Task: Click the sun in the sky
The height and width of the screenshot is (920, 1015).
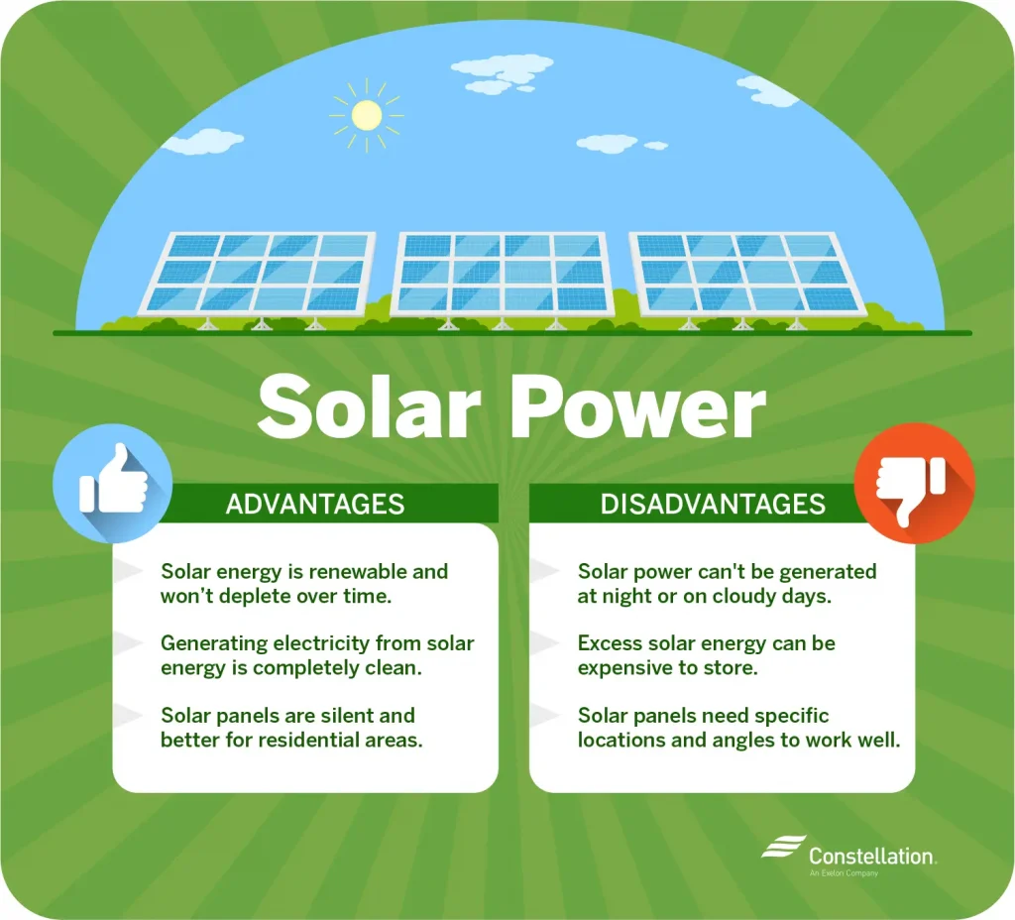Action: click(x=367, y=115)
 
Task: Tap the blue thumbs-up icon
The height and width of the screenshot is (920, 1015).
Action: click(x=113, y=483)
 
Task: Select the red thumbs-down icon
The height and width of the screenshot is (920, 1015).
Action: click(x=914, y=483)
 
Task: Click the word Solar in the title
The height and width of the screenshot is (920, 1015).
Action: click(x=369, y=406)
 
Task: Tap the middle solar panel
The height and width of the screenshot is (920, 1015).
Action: click(x=503, y=275)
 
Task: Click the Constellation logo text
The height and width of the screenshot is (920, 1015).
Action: click(x=871, y=856)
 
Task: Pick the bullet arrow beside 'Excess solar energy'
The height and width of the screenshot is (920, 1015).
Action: click(x=545, y=642)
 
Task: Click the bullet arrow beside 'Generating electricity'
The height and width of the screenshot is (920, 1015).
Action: click(x=128, y=642)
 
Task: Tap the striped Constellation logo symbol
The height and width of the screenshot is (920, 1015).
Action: click(x=783, y=847)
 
